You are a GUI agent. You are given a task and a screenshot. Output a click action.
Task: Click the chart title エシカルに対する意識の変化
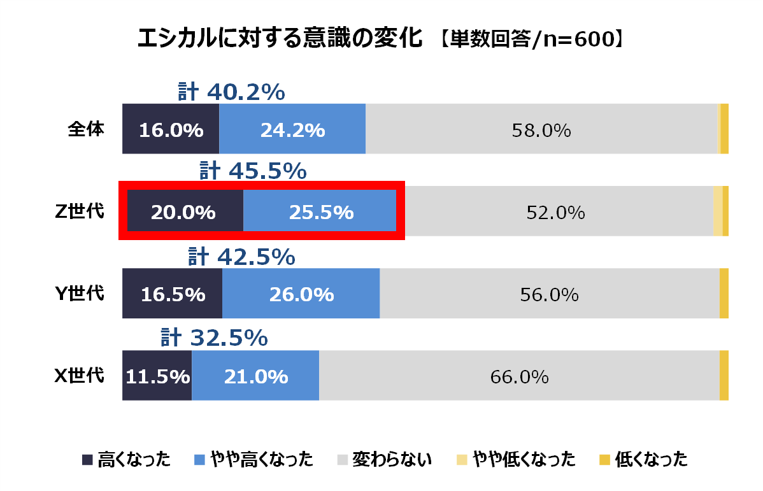point(280,39)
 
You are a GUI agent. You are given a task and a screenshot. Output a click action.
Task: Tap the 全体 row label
point(86,129)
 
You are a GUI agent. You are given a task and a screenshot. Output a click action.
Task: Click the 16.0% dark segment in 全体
point(171,130)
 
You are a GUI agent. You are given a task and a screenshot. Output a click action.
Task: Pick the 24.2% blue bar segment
point(292,130)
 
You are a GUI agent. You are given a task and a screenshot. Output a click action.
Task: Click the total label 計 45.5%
point(253,171)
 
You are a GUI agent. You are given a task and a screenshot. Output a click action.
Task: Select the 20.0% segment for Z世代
point(183,212)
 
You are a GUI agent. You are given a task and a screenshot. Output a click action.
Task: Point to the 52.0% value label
point(555,213)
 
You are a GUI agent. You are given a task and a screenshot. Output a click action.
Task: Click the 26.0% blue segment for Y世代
point(301,294)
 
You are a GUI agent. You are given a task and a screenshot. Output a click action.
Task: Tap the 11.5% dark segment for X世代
point(157,376)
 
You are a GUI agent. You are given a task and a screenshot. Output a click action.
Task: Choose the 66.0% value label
point(519,377)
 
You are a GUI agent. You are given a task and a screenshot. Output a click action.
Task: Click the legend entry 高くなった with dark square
point(127,459)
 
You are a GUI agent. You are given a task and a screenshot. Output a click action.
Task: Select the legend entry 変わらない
point(384,459)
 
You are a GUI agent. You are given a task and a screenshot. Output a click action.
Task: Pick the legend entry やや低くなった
point(517,459)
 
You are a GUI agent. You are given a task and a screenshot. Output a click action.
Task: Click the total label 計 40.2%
point(231,92)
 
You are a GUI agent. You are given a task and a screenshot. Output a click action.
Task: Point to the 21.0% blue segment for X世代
point(255,376)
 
